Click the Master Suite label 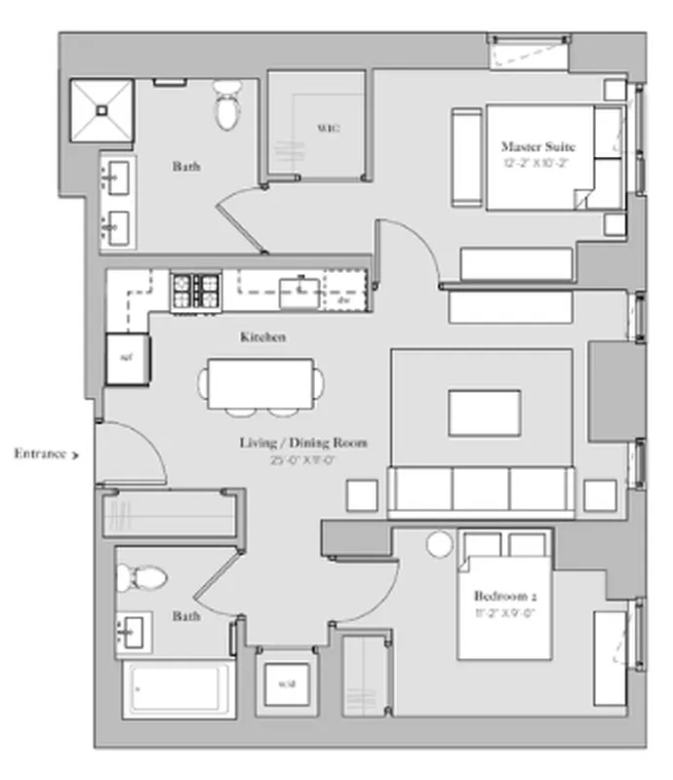click(x=538, y=146)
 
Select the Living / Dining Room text click(x=303, y=443)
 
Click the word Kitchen click(x=262, y=337)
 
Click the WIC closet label click(x=327, y=128)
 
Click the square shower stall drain click(x=101, y=110)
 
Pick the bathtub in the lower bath click(x=178, y=689)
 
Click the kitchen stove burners click(x=196, y=290)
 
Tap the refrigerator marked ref click(x=127, y=358)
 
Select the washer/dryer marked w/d click(x=287, y=683)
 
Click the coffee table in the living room click(x=484, y=412)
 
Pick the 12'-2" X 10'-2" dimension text click(x=538, y=163)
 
